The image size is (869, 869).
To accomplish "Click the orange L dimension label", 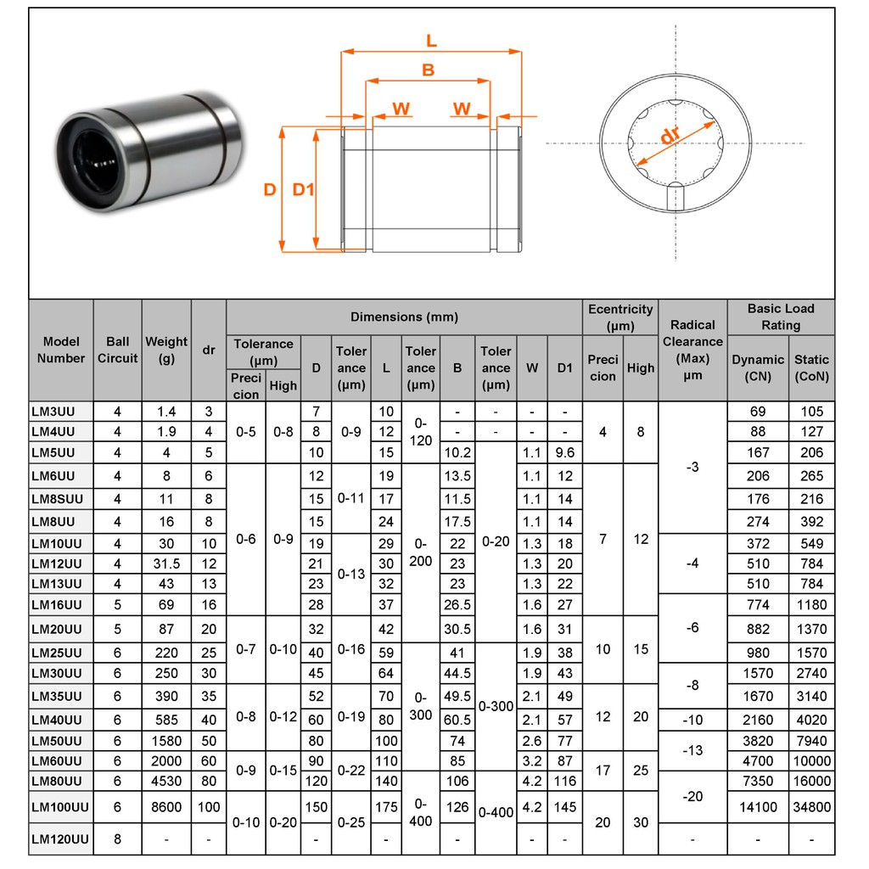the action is pyautogui.click(x=431, y=41).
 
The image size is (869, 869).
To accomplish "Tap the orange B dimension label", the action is pyautogui.click(x=428, y=70).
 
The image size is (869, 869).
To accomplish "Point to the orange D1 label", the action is pyautogui.click(x=303, y=189).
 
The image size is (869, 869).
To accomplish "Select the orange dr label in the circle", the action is pyautogui.click(x=670, y=135).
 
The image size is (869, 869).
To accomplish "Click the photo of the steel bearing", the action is pyautogui.click(x=149, y=151).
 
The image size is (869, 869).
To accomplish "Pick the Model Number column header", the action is pyautogui.click(x=61, y=350).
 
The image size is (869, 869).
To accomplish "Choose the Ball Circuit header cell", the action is pyautogui.click(x=117, y=350).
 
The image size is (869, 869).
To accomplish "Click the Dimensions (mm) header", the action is pyautogui.click(x=404, y=317).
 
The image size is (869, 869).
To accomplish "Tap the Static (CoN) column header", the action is pyautogui.click(x=811, y=368).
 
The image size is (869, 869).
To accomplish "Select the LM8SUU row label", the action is pyautogui.click(x=57, y=499).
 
